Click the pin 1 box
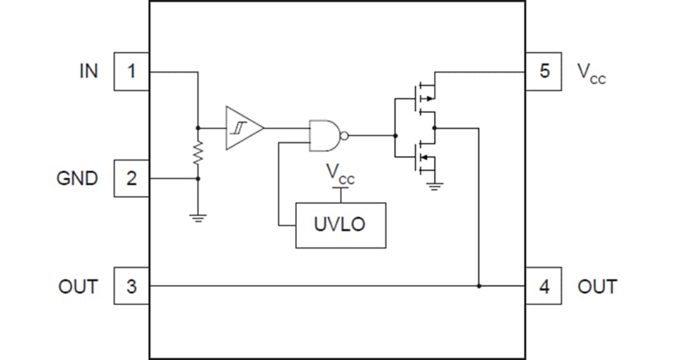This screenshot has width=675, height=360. [x=131, y=71]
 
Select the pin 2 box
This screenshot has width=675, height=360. [x=131, y=178]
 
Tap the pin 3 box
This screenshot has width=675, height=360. [x=131, y=286]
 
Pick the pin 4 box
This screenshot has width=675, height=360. [x=544, y=286]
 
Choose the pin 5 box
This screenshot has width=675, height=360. [x=544, y=71]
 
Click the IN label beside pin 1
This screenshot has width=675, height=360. [x=88, y=71]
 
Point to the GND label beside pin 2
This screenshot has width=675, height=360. [x=77, y=179]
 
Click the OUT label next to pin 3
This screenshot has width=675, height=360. [x=78, y=287]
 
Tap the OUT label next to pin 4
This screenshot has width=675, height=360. [x=597, y=287]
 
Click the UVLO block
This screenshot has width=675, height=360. [x=341, y=225]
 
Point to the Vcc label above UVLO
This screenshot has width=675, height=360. [x=341, y=176]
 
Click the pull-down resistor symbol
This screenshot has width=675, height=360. [x=198, y=152]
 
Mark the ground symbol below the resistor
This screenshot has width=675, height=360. [x=198, y=218]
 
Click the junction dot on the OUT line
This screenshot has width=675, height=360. [x=479, y=286]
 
